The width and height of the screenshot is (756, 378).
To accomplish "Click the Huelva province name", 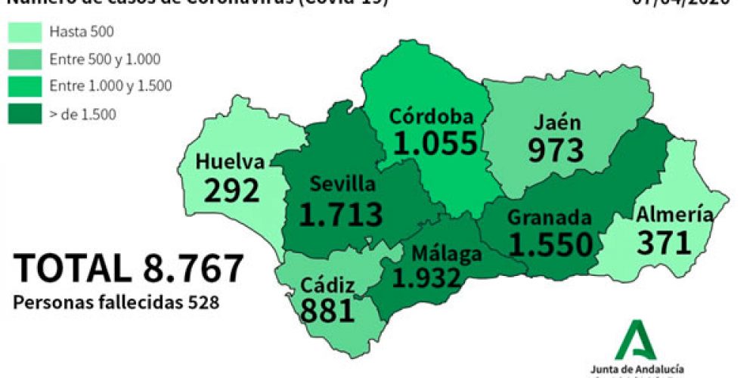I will pyautogui.click(x=230, y=162).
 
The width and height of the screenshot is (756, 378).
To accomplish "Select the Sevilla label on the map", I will pyautogui.click(x=342, y=184).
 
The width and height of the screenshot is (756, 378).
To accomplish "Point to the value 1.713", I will pyautogui.click(x=341, y=214).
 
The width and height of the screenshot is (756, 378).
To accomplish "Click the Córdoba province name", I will pyautogui.click(x=432, y=116).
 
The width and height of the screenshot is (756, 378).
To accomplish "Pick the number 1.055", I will pyautogui.click(x=435, y=143).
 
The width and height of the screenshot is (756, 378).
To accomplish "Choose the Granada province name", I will pyautogui.click(x=549, y=218).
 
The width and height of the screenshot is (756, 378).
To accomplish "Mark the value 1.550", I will pyautogui.click(x=550, y=244).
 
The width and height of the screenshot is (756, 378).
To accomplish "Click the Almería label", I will pyautogui.click(x=674, y=215).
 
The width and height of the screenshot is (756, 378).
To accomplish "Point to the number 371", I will pyautogui.click(x=665, y=243).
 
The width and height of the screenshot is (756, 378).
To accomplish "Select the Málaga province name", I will pyautogui.click(x=446, y=253).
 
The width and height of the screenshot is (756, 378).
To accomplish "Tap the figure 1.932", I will pyautogui.click(x=426, y=278).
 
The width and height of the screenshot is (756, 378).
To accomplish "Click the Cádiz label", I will pyautogui.click(x=326, y=287).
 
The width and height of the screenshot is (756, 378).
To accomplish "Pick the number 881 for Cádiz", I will pyautogui.click(x=327, y=310).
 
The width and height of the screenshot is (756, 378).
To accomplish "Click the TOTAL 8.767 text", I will pyautogui.click(x=129, y=269).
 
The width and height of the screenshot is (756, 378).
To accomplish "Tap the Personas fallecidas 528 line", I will pyautogui.click(x=116, y=302).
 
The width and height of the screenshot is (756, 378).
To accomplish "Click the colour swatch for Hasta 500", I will pyautogui.click(x=25, y=32).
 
